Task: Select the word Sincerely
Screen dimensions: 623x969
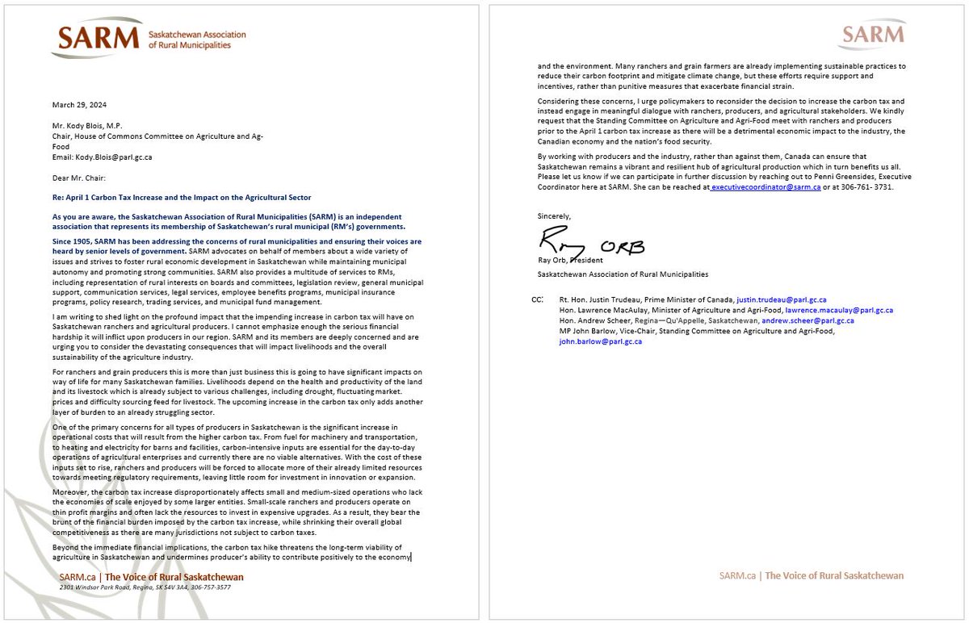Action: pos(554,216)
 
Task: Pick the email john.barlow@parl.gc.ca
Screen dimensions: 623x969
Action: pos(600,341)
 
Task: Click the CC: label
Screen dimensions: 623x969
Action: pos(539,299)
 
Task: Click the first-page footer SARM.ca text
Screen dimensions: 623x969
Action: pos(79,577)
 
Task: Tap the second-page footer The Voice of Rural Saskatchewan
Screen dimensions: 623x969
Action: pos(834,575)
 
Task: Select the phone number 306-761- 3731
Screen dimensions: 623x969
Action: pos(867,186)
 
